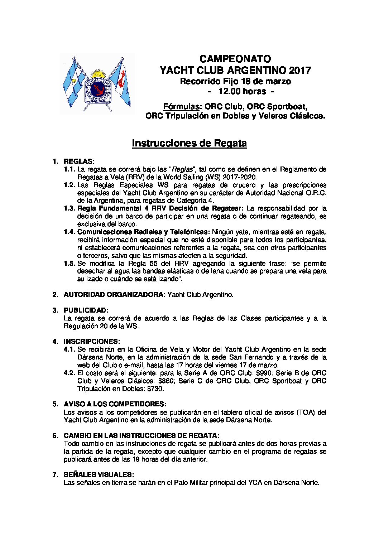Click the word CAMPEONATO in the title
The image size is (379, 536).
pos(235,59)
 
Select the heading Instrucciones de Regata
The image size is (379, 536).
pos(189,143)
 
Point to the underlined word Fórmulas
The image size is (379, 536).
pos(181,107)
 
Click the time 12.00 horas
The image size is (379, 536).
pos(242,92)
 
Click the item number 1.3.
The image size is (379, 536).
pos(69,208)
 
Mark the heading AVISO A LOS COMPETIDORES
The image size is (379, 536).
pos(114,404)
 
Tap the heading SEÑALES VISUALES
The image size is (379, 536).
pos(99,474)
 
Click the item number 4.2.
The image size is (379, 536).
pos(69,373)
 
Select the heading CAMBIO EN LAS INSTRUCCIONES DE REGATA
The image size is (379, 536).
pos(141,435)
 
